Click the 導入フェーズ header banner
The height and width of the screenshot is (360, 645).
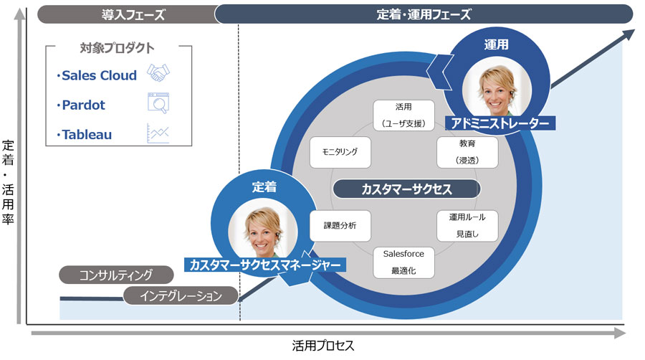point(133,14)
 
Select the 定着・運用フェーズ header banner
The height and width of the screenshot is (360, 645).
point(424,14)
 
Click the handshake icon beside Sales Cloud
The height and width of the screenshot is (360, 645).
point(158,73)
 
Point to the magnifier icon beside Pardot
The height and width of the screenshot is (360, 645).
point(158,103)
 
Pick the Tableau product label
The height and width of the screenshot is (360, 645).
point(86,134)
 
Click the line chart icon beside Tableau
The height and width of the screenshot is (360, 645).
point(158,133)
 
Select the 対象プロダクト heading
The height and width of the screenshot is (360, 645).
point(117,48)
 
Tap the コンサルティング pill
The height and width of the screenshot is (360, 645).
point(115,275)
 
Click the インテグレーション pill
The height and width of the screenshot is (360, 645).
point(180,295)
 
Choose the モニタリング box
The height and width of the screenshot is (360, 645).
point(340,152)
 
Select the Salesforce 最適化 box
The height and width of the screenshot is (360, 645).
point(403,262)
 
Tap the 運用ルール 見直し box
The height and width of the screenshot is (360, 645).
point(467,225)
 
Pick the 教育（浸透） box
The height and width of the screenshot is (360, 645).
point(467,152)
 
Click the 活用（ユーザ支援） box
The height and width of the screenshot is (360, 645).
point(403,115)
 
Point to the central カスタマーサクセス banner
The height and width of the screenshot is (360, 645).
point(406,189)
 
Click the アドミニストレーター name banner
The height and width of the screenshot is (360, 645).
point(500,123)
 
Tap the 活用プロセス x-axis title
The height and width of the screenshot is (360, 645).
point(322,346)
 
